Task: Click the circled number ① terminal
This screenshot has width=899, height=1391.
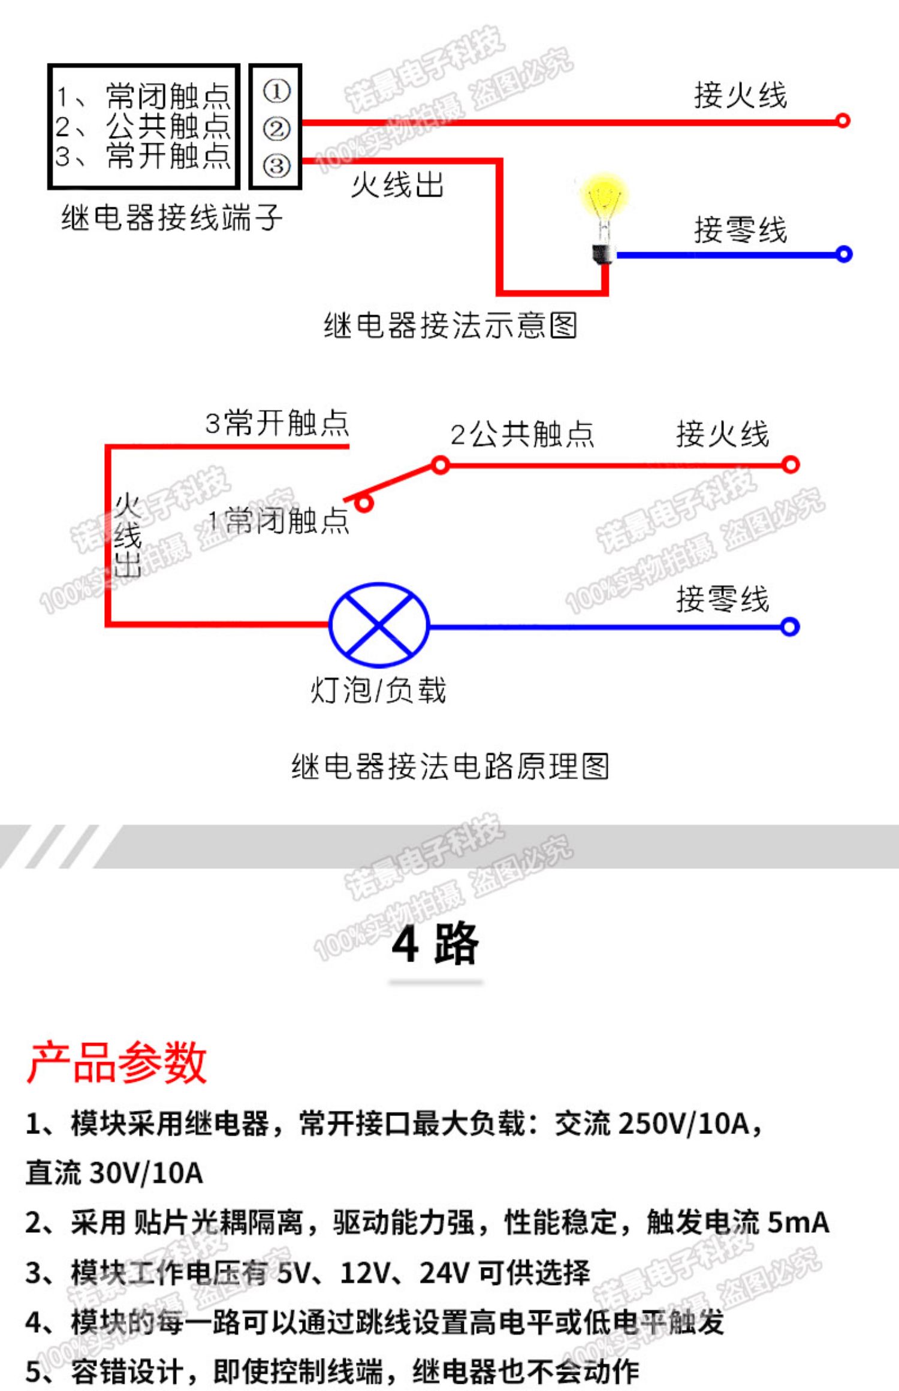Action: point(276,92)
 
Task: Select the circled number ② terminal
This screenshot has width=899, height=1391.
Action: point(276,129)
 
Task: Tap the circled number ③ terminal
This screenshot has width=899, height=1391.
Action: point(276,165)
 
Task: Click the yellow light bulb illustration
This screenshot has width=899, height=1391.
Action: point(604,216)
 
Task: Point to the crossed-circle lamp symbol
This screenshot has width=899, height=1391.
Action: point(379,625)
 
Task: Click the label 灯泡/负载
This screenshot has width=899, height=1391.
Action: point(378,690)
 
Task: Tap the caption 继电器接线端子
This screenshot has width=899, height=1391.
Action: point(171,217)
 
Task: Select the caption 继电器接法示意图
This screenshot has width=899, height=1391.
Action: point(450,326)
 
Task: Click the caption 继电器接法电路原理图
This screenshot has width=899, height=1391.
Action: point(450,767)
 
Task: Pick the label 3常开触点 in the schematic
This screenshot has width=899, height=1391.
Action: point(277,423)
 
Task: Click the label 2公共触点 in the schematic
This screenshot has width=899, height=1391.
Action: point(522,434)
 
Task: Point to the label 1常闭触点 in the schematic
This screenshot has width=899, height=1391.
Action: point(278,520)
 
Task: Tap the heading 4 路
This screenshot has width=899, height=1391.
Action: point(435,944)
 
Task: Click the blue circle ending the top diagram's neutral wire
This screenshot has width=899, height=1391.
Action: point(844,255)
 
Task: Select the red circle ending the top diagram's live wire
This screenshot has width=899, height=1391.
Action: point(843,121)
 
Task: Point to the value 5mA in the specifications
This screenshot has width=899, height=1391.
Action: point(798,1222)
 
